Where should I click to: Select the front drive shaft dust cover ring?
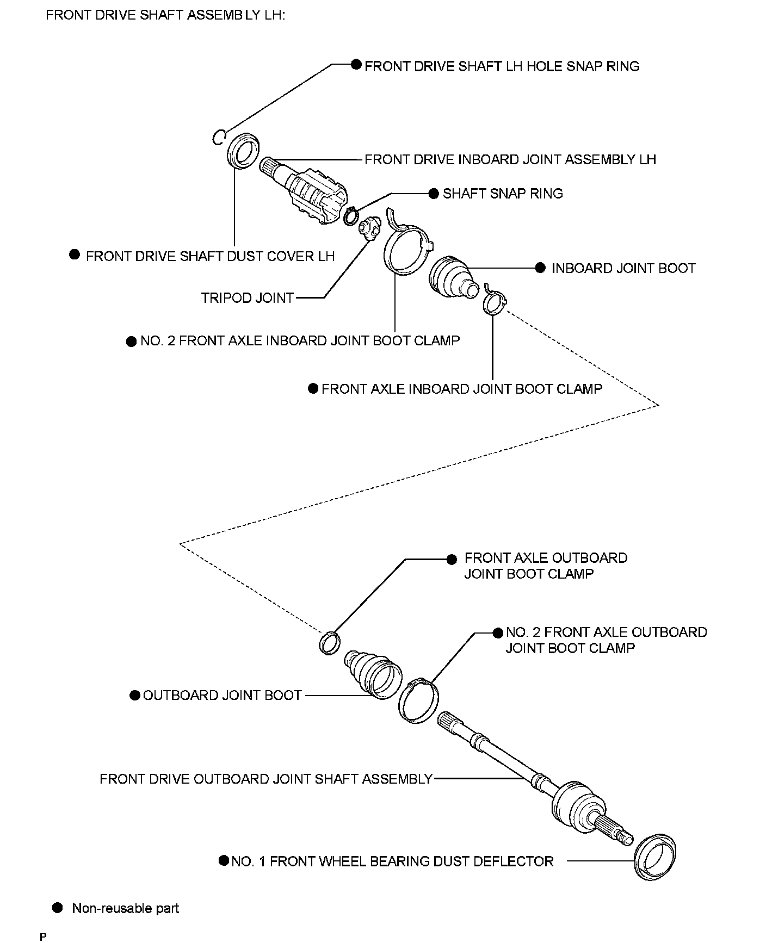point(243,152)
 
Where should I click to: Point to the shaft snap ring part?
point(351,216)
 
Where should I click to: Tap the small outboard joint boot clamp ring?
point(330,643)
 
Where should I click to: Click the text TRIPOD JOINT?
point(248,298)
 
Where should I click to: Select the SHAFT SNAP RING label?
point(503,194)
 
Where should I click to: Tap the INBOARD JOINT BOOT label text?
point(623,268)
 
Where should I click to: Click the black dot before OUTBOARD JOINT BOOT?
point(135,696)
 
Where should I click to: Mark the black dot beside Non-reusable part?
point(57,908)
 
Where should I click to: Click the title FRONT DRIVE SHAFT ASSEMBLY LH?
point(165,15)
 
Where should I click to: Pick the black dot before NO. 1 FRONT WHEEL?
point(224,860)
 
